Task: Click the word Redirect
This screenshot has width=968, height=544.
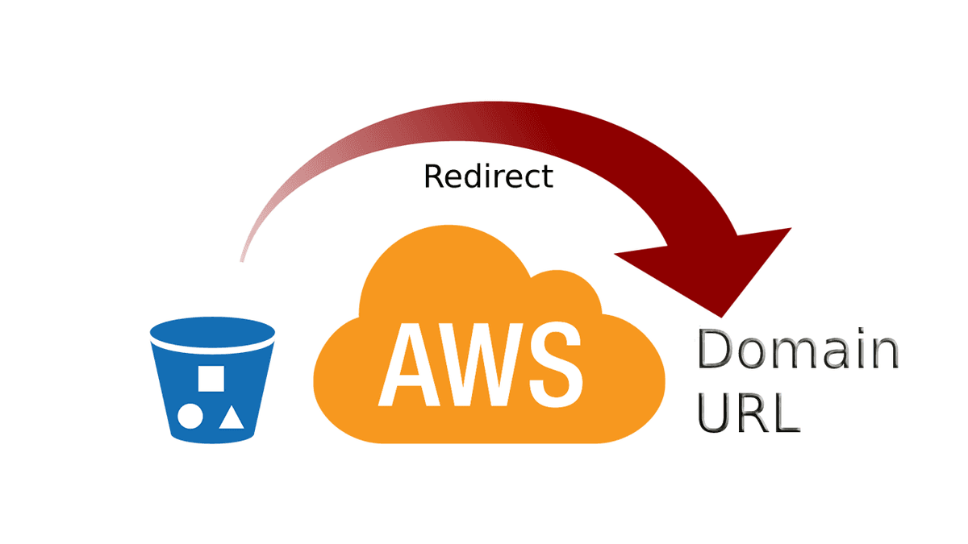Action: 489,176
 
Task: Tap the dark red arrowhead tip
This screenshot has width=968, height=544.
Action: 725,309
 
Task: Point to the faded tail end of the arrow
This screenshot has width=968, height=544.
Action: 242,256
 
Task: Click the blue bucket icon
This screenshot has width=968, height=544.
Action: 212,380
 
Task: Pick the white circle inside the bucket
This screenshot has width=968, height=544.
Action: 190,416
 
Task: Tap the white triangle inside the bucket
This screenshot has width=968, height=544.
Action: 232,416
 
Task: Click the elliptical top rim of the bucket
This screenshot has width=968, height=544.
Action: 212,333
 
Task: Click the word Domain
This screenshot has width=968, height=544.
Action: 797,351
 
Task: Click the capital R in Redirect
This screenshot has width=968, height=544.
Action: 434,176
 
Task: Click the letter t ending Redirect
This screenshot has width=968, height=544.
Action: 548,176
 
